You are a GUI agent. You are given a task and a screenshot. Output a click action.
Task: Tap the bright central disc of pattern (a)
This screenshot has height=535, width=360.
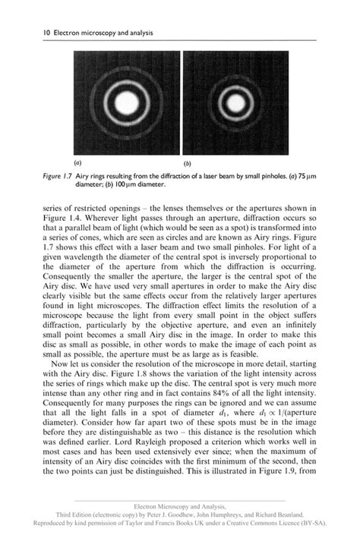point(125,104)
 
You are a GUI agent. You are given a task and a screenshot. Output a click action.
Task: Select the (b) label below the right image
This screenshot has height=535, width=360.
point(188,162)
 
